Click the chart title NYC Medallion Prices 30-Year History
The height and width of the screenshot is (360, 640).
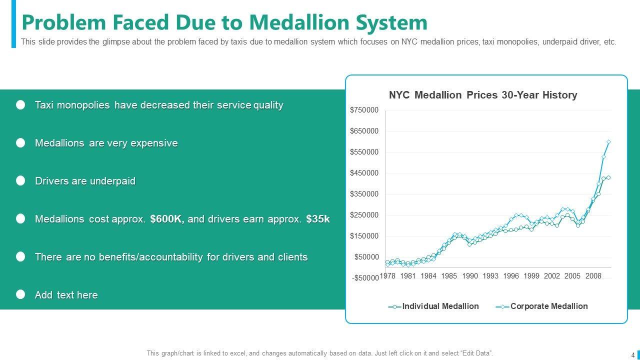(x=483, y=95)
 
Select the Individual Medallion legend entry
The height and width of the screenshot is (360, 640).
(x=440, y=306)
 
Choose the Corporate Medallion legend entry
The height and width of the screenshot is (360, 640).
(x=548, y=306)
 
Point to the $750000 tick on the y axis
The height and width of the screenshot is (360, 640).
(x=364, y=110)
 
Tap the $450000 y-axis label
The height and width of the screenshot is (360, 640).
(x=364, y=173)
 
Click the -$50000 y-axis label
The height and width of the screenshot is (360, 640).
(x=365, y=278)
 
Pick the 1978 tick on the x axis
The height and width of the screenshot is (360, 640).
(x=387, y=276)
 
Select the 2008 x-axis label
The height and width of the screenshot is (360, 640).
(x=593, y=276)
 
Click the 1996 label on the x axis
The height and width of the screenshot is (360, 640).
(x=511, y=276)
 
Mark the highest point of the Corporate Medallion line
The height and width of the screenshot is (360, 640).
(x=608, y=142)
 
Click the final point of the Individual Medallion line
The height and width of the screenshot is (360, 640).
(x=608, y=177)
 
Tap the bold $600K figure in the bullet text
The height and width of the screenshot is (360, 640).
(x=167, y=219)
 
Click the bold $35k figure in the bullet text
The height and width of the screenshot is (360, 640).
(x=318, y=219)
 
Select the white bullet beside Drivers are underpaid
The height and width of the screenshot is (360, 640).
(x=20, y=181)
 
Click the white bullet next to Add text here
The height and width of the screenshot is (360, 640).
(x=20, y=294)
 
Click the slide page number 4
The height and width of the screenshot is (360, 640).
(x=632, y=355)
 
